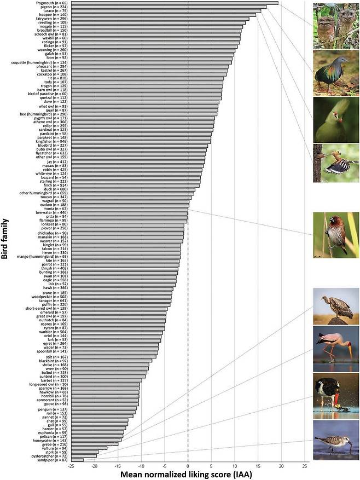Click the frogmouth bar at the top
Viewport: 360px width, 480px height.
coord(175,3)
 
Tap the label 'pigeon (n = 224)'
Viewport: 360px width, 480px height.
coord(52,7)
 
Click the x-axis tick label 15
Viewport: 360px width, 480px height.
coord(258,466)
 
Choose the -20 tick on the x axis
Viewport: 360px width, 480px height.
coord(94,466)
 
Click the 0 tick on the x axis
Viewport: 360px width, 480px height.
coord(188,466)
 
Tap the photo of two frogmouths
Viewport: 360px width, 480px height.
coord(336,26)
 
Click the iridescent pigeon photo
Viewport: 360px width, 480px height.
coord(336,73)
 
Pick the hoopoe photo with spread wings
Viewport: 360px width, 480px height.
coord(336,163)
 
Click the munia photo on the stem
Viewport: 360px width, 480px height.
coord(336,235)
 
